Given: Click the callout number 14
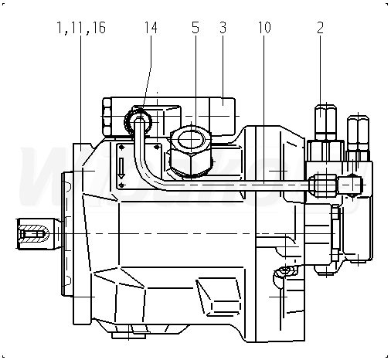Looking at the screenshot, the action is pos(151,28).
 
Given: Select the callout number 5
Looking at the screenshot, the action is pos(195,28).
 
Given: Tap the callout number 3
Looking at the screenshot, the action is pos(223,28).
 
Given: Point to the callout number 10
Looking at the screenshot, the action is pos(264,28).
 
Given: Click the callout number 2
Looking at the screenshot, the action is pos(320,28).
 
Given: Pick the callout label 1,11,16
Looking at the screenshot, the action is pos(81,28).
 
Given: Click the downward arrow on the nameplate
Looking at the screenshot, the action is pos(121,168).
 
